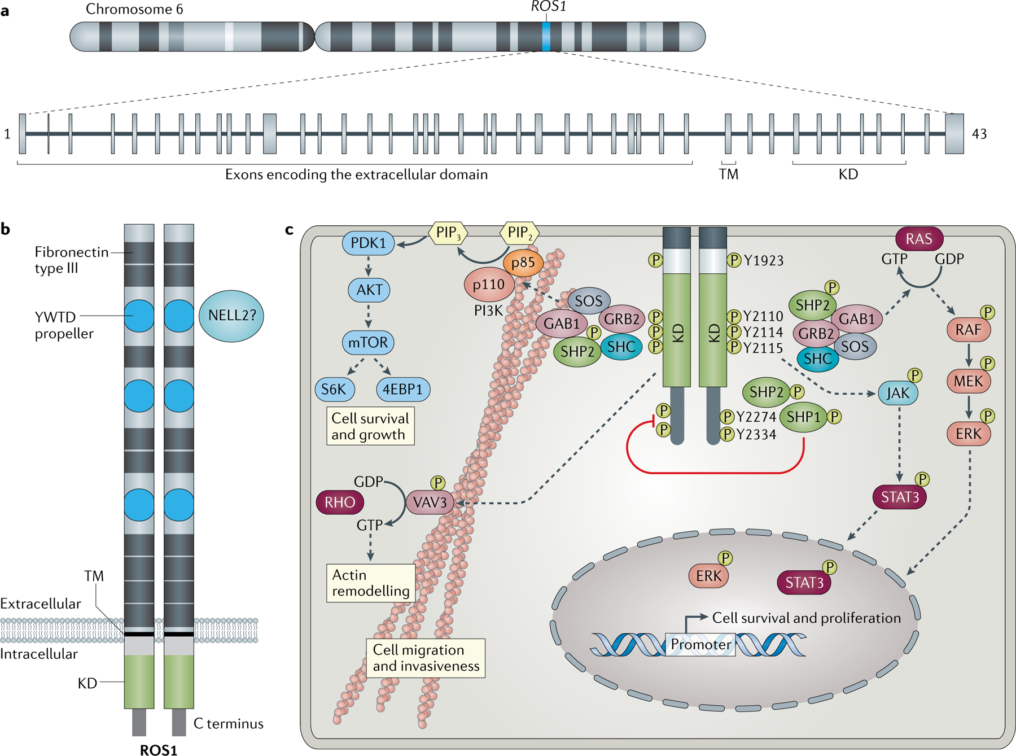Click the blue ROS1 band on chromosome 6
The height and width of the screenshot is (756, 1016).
pos(546,37)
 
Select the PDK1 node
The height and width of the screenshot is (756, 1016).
pos(369,243)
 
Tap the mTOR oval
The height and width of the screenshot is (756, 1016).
pos(368,342)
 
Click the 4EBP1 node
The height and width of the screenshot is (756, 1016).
pos(402,390)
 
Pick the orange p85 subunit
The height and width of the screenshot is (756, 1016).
pos(523,263)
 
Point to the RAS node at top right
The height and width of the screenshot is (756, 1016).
pos(919,239)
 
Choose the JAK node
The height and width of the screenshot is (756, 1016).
pos(897,394)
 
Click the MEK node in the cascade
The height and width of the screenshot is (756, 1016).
pos(968,382)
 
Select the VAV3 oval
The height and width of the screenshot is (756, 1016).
pos(430,502)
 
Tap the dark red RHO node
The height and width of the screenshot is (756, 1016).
pos(340,502)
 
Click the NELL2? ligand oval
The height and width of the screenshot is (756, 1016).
pos(231,316)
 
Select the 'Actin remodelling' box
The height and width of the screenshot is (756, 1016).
pos(371,583)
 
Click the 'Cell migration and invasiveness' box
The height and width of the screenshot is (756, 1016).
pos(426,658)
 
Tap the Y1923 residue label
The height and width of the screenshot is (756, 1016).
pos(764,261)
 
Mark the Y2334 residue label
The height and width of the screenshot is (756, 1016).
pos(756,435)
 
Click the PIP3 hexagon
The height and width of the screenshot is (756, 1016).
pos(448,233)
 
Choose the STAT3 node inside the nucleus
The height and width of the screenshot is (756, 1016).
pos(804,583)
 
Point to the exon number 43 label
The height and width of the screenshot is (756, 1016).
pos(979,134)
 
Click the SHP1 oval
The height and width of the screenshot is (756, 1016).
pos(803,417)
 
